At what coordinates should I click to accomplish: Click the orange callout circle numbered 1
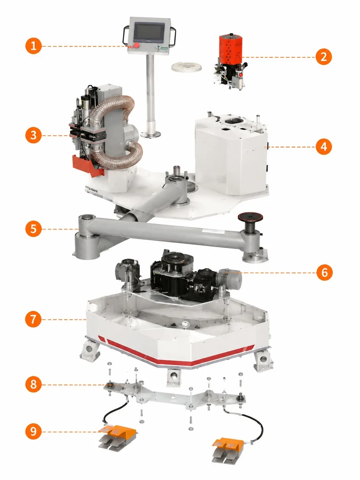coord(33,46)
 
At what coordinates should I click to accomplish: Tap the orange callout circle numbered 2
coord(324,57)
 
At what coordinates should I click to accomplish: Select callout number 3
coord(33,135)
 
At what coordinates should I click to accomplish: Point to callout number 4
coord(324,147)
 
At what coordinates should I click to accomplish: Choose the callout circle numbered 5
coord(33,229)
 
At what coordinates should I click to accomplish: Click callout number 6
coord(325,272)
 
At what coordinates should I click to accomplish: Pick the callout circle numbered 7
coord(33,319)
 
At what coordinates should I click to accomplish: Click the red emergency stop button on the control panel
coord(136,45)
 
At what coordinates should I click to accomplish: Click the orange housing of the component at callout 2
coord(230,49)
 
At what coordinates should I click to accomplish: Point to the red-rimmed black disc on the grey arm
coord(250,217)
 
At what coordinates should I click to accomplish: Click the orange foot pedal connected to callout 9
coord(117,434)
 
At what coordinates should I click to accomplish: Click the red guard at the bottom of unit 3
coord(88,165)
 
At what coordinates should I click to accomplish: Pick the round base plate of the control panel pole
coord(150,134)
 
